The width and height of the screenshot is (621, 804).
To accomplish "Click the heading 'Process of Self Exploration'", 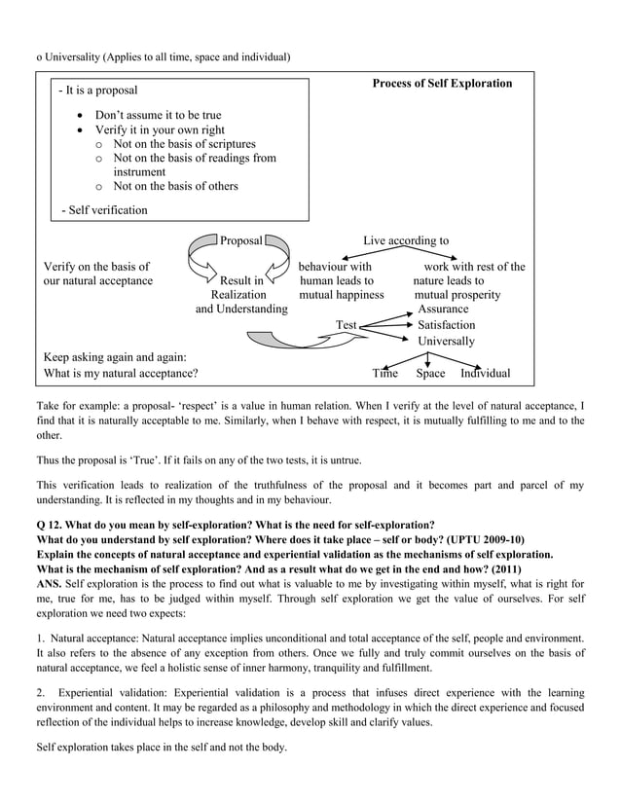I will point(442,84).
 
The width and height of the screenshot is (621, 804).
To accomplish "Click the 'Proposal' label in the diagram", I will point(240,240).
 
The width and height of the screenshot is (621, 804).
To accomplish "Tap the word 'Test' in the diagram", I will point(346,325).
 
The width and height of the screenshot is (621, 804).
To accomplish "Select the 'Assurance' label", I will point(443,309).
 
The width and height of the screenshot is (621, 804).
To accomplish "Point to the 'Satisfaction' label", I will point(447,325).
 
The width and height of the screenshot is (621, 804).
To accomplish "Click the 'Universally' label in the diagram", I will point(447,342).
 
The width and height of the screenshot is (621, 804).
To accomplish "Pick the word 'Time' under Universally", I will point(385,373).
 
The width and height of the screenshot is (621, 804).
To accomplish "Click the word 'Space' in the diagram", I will point(430,373).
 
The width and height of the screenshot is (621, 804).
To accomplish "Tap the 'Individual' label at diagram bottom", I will point(485,373).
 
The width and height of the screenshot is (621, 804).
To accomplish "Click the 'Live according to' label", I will point(406,240).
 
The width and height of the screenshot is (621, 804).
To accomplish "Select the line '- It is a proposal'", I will point(97,91).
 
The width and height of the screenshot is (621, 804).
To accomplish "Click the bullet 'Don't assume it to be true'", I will point(158,115).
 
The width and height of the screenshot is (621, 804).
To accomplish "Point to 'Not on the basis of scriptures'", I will point(184,144).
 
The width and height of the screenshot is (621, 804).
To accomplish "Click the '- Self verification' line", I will point(104,209).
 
